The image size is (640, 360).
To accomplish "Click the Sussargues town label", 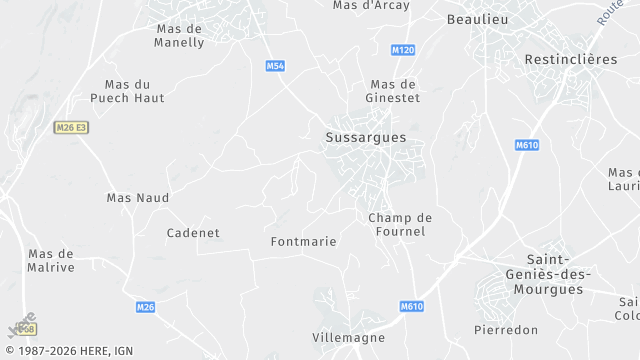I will [x=366, y=138].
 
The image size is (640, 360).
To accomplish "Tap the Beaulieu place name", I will [x=478, y=20].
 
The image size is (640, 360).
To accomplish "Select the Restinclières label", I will [x=571, y=60].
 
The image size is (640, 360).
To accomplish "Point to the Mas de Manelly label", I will [x=179, y=36].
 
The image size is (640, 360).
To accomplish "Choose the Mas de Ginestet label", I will [x=393, y=91].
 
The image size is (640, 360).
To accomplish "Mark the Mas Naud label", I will [x=138, y=198].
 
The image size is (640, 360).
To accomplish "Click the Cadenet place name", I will [x=193, y=233].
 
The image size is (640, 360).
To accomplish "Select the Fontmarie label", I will [x=303, y=242].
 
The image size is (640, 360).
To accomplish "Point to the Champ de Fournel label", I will [x=399, y=224].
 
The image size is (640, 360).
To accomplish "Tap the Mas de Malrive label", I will [x=51, y=260].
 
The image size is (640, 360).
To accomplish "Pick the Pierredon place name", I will [x=506, y=330].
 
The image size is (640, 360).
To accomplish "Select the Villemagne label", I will [x=348, y=338].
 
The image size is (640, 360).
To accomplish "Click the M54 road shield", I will [x=276, y=66].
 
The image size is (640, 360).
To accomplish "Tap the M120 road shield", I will [x=404, y=50].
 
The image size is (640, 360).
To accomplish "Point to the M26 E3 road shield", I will [x=71, y=127].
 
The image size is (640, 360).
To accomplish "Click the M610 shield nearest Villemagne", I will [x=412, y=307].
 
